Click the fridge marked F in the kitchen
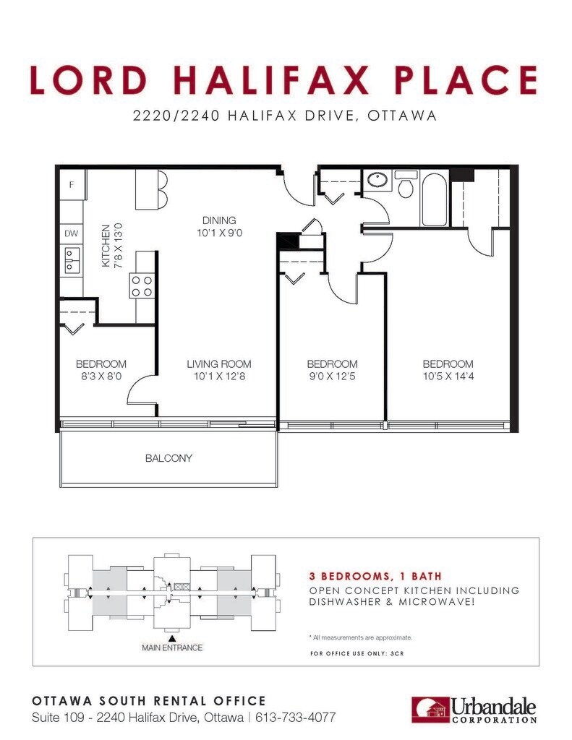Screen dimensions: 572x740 [x=72, y=184]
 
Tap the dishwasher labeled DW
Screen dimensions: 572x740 [x=72, y=233]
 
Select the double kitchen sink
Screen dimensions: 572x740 [x=72, y=260]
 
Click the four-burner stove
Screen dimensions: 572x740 [x=142, y=286]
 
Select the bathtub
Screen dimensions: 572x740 [x=435, y=199]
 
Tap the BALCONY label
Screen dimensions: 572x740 [x=168, y=458]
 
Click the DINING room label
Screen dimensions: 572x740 [x=219, y=220]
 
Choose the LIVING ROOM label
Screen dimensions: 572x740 [x=219, y=364]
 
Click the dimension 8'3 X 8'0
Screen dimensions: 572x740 [x=101, y=376]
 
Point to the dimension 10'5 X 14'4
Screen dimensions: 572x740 [x=448, y=376]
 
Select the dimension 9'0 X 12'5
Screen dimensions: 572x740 [x=332, y=376]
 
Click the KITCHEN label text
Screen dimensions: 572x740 [x=106, y=246]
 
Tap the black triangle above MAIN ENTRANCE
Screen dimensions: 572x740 [x=172, y=638]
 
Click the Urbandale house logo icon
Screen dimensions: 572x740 [x=430, y=710]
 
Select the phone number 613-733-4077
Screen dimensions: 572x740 [x=295, y=718]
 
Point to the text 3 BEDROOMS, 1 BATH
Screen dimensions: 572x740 [x=375, y=576]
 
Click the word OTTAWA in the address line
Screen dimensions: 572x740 [x=402, y=116]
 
